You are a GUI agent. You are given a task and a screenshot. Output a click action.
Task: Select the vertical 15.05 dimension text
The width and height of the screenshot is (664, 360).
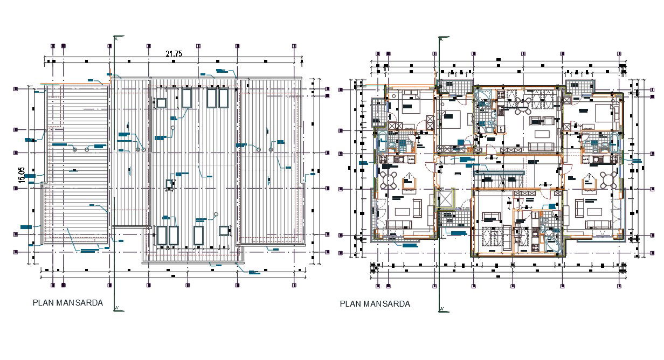point(22,176)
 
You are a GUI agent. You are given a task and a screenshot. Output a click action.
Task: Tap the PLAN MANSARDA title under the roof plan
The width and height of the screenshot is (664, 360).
point(68,303)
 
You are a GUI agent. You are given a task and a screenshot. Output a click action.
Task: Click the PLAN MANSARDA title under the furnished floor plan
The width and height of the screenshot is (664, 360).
point(375,304)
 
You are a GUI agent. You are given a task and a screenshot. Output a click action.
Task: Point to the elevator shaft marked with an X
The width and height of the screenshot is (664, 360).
point(447,199)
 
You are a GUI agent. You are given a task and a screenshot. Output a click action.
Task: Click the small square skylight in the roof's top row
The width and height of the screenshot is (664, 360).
point(161,102)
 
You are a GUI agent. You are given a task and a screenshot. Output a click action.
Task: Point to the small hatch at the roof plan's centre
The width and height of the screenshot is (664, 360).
point(171,184)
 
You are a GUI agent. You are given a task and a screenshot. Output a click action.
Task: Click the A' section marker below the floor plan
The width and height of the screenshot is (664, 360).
point(441,309)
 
